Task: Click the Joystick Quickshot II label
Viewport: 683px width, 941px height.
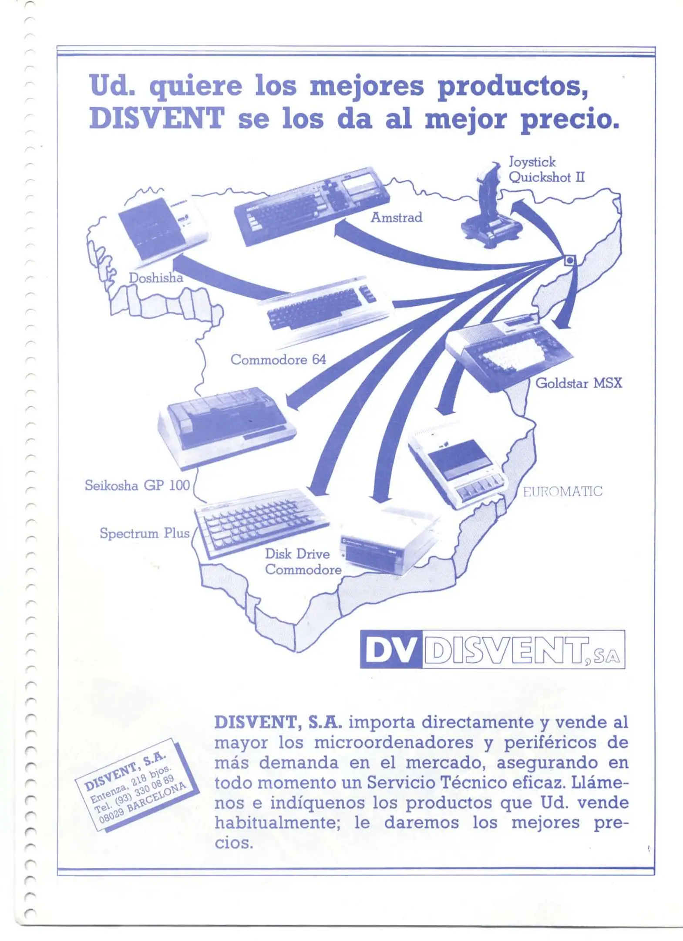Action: click(547, 170)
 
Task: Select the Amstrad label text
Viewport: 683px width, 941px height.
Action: click(396, 217)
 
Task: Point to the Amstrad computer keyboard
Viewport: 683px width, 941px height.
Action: click(312, 205)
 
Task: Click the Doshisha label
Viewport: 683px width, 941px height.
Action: click(156, 278)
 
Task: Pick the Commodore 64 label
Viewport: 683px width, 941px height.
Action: click(278, 359)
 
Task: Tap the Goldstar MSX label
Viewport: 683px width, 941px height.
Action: click(579, 383)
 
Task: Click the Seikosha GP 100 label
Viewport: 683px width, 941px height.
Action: click(137, 485)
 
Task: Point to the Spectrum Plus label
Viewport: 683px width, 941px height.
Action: click(145, 533)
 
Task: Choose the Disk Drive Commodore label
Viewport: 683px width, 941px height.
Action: click(303, 562)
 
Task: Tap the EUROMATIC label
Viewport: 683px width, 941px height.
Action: click(562, 491)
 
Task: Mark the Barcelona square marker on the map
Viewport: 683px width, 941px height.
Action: click(569, 261)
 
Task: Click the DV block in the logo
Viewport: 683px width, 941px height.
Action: click(391, 650)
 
